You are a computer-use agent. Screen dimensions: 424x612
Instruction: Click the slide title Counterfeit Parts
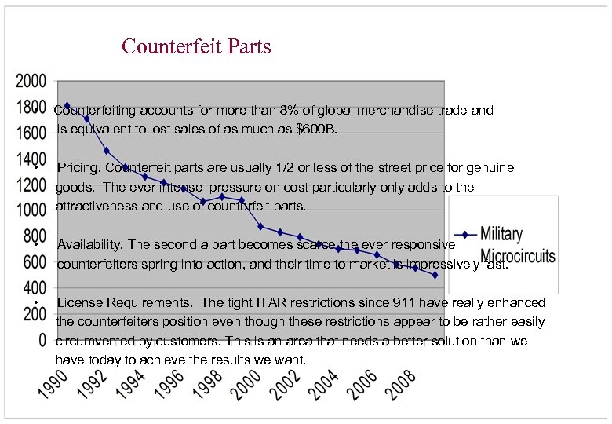click(196, 46)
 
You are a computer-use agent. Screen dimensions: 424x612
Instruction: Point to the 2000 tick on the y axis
click(31, 81)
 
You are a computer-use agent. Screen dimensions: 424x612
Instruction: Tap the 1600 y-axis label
click(31, 133)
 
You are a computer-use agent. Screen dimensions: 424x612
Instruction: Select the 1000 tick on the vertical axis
click(31, 210)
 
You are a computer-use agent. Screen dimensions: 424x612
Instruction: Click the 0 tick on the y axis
click(41, 341)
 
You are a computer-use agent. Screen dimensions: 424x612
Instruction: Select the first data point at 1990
click(67, 105)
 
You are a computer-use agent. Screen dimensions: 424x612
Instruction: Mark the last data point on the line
click(435, 275)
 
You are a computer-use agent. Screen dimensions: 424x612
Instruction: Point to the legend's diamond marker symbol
click(465, 235)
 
